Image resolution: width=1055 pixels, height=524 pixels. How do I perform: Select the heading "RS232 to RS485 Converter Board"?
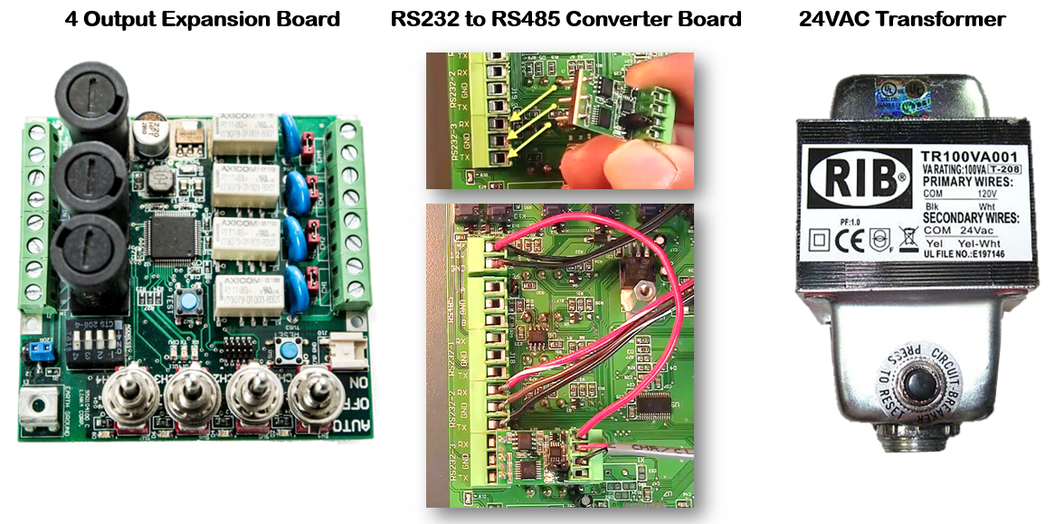pyautogui.click(x=566, y=19)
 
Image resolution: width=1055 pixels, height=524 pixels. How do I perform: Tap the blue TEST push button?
pyautogui.click(x=190, y=303)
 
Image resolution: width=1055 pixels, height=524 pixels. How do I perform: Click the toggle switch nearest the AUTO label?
pyautogui.click(x=311, y=396)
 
